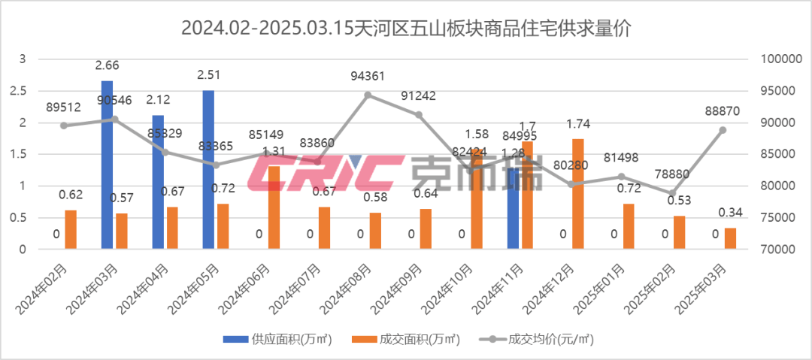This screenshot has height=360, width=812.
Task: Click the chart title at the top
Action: pos(406,30)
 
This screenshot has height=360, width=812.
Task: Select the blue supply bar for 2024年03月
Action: pos(108,165)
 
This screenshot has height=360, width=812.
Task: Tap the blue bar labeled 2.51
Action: pos(208,169)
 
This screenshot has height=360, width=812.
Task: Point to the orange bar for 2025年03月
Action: pos(730,237)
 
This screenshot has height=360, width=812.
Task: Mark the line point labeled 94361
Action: pos(368,95)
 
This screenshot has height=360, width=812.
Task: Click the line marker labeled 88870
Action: pos(723,129)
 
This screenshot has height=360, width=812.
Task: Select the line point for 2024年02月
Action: pos(64,126)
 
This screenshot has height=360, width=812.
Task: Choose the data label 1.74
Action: pos(577,124)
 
